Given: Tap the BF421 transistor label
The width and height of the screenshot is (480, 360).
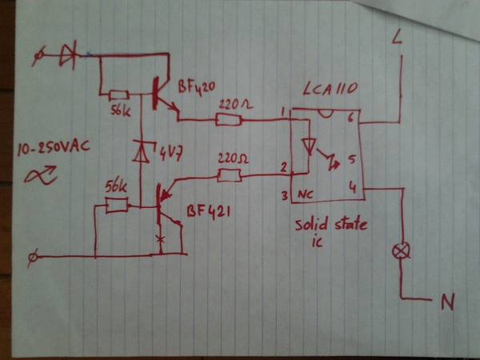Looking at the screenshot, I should (212, 213).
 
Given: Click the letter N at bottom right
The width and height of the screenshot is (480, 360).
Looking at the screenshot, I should (449, 302).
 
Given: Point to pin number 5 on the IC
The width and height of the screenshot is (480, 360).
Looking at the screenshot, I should (350, 158).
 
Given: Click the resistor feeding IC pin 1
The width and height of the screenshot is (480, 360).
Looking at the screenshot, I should (228, 120).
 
